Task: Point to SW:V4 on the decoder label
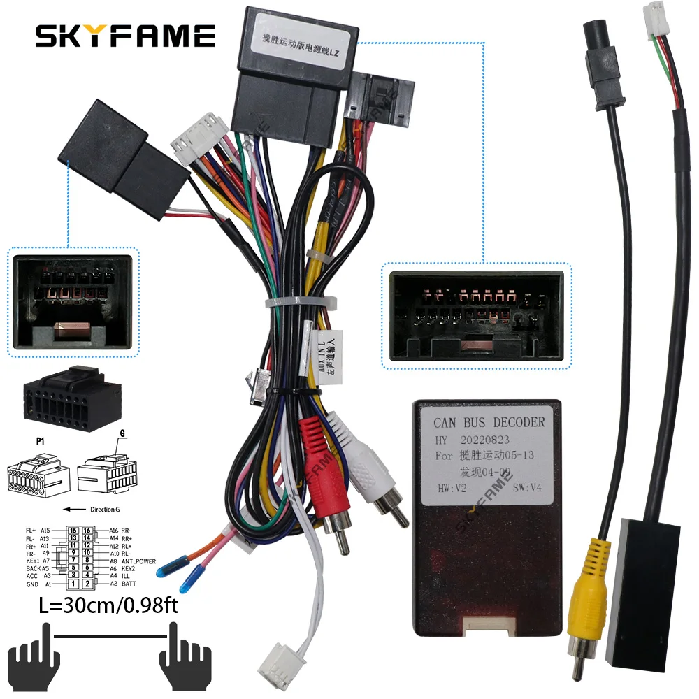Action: (x=528, y=487)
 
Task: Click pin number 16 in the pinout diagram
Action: (x=87, y=531)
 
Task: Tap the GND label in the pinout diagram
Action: (x=32, y=584)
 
